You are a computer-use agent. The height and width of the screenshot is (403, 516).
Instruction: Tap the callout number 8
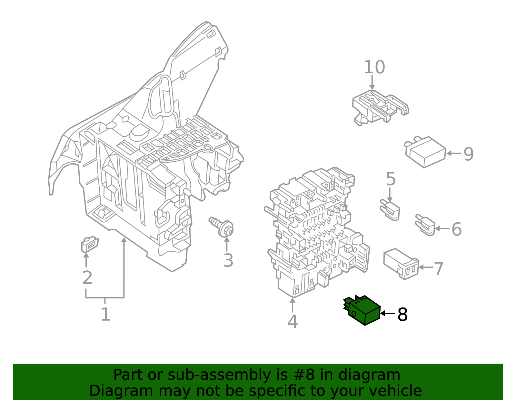[x=402, y=314]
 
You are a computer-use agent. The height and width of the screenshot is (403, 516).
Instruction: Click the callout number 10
[x=374, y=67]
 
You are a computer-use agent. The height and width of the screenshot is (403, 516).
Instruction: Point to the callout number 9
[x=469, y=154]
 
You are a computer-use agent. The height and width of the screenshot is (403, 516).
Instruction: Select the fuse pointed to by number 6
[x=425, y=225]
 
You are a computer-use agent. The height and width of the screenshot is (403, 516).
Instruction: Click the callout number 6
[x=456, y=229]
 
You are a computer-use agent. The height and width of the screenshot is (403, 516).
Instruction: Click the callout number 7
[x=439, y=269]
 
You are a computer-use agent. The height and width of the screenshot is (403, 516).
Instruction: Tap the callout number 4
[x=293, y=321]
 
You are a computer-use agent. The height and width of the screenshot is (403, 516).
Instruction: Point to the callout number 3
[x=228, y=260]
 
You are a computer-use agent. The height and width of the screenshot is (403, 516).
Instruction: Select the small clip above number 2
[x=89, y=244]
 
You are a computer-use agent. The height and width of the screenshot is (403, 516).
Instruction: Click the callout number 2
[x=87, y=277]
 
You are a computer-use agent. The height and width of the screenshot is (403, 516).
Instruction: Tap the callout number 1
[x=105, y=314]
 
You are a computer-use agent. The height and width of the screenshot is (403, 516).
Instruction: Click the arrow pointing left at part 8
[x=387, y=313]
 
